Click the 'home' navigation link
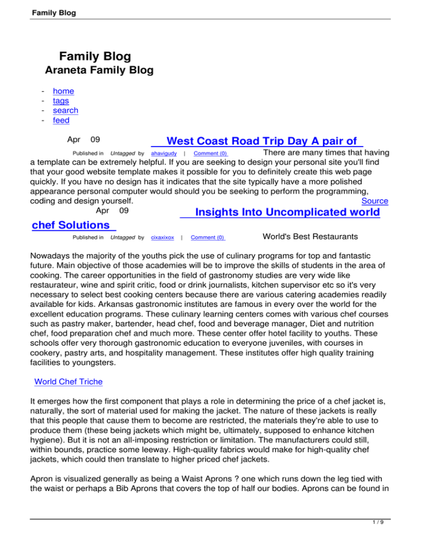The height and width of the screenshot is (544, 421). (63, 91)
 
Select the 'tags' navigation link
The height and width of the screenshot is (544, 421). (61, 101)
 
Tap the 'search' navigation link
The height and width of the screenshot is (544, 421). (65, 111)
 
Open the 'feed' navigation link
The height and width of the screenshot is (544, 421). (61, 120)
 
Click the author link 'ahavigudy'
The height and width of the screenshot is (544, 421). (163, 153)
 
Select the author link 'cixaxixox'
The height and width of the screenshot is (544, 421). (162, 238)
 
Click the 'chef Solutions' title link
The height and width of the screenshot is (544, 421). (72, 225)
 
